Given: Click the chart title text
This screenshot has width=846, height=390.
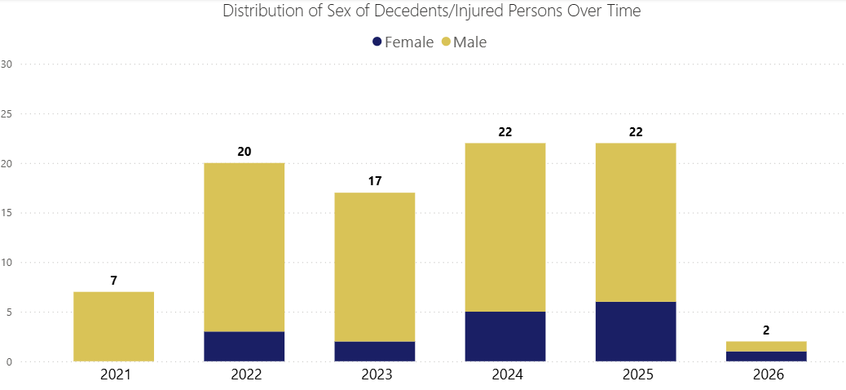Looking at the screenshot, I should point(431,11).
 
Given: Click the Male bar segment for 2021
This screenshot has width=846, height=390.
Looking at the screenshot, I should point(113,326).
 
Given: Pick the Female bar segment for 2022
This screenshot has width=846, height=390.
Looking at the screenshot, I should point(244,347).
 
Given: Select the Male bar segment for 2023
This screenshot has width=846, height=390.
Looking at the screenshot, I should point(374,267).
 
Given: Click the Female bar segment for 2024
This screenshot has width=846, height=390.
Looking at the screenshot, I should point(505,336).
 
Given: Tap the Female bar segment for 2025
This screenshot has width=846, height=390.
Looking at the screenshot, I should point(635,331).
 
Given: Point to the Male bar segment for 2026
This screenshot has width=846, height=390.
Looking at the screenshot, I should point(765,346).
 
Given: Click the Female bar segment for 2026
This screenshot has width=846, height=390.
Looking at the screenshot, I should point(765,357).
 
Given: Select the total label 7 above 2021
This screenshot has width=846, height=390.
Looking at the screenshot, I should point(113,281).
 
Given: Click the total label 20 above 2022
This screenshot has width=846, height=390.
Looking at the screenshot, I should point(244,152).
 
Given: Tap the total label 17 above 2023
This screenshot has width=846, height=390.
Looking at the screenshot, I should point(374,181).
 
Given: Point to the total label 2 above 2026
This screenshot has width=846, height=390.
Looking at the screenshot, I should point(765,330).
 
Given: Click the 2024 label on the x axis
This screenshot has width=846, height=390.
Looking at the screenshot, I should point(505,375).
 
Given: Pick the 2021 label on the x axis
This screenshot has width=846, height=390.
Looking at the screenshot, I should point(113,375).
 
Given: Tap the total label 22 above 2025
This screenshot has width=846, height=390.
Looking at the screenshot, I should point(635,131).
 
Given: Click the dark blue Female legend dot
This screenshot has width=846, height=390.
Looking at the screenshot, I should point(377,42).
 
